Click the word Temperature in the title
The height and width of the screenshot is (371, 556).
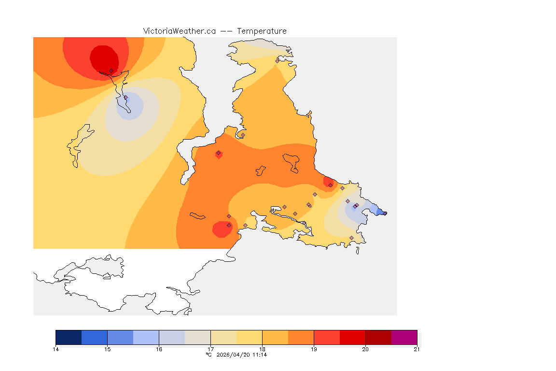[x=262, y=31]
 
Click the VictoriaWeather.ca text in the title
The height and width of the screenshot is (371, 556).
[x=179, y=31]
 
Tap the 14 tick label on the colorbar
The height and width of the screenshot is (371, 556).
[x=56, y=349]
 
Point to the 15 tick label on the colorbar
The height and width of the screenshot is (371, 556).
[x=107, y=349]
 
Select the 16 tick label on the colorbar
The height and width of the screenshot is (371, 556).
[x=159, y=349]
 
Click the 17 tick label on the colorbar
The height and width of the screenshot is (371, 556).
[x=210, y=349]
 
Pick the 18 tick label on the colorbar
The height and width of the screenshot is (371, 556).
[x=262, y=349]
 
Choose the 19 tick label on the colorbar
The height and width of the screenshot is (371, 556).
[x=314, y=349]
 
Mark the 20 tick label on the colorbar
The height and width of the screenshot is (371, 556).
[x=365, y=349]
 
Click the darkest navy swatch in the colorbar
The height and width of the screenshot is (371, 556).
[x=69, y=337]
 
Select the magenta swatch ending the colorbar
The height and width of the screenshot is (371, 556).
[x=404, y=337]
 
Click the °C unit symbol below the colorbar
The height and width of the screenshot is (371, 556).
[x=208, y=355]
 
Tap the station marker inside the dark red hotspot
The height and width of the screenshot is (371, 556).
[x=111, y=71]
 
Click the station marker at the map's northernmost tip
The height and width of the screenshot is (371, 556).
[x=277, y=61]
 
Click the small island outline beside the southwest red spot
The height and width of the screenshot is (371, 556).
[x=197, y=216]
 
